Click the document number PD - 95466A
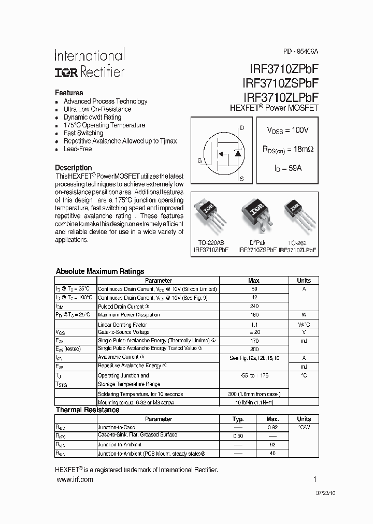click(300, 52)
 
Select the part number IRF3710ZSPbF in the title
click(280, 83)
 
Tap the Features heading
click(69, 93)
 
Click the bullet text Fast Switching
click(83, 133)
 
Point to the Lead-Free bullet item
click(78, 149)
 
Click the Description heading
click(74, 168)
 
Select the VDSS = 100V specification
click(288, 129)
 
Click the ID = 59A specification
click(288, 168)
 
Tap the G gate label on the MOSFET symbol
click(199, 161)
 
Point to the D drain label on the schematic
click(242, 128)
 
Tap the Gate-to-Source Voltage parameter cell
click(124, 332)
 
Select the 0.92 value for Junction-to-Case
click(272, 428)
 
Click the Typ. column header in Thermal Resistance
click(238, 419)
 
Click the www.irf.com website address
click(74, 480)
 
